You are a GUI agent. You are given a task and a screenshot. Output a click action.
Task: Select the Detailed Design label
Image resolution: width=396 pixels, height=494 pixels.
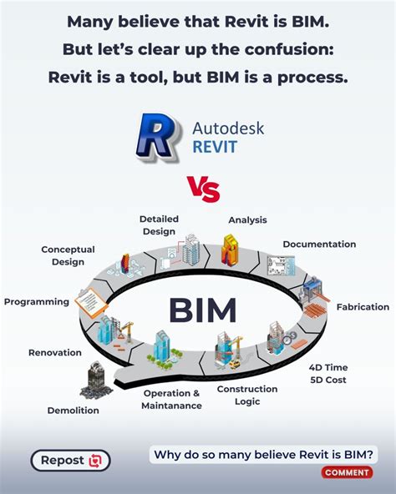(x=159, y=225)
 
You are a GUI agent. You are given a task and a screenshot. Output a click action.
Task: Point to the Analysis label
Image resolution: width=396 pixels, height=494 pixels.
(x=247, y=220)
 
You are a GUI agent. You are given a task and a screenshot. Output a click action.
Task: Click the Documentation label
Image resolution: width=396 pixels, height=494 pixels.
(x=319, y=244)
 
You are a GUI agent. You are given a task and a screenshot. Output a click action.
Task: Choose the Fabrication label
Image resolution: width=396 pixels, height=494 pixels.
(x=363, y=307)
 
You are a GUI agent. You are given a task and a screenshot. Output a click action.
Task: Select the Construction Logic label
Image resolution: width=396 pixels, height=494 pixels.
(x=247, y=395)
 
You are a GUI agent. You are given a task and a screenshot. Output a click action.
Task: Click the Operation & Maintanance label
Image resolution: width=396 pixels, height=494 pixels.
(x=172, y=400)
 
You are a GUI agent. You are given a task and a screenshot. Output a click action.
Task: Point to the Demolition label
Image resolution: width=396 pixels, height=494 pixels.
(x=74, y=411)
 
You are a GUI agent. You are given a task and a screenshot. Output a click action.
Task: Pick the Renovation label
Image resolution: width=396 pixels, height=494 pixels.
(x=55, y=353)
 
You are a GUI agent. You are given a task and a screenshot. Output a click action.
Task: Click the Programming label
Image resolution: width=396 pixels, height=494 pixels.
(x=36, y=302)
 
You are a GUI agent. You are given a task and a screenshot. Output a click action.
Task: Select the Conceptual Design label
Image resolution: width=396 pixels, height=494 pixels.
(x=68, y=255)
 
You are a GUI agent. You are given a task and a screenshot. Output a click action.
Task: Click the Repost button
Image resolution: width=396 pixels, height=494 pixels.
(x=70, y=460)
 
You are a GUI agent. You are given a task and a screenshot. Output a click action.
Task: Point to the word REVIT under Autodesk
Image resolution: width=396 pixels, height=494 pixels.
(x=215, y=148)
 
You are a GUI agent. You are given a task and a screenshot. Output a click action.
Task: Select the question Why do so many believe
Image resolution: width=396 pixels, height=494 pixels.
(x=262, y=455)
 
